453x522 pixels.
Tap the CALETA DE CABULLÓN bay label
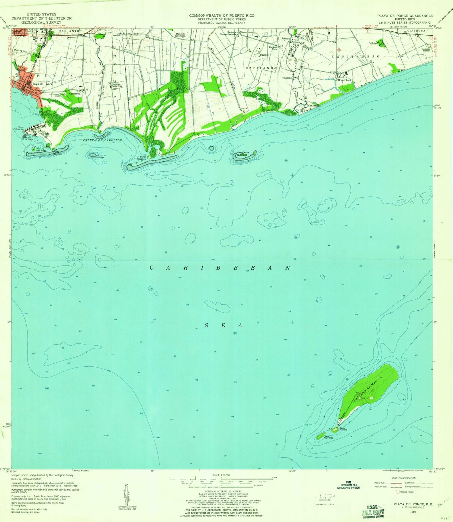tap(103, 140)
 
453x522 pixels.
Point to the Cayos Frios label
tap(243, 152)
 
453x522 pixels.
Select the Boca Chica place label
tap(344, 80)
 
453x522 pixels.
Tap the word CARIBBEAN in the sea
tap(220, 268)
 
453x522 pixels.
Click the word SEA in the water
tap(223, 326)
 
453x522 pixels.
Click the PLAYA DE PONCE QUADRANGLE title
tap(405, 16)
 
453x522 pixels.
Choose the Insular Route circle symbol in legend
tap(398, 492)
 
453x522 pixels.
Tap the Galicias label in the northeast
tap(372, 43)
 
